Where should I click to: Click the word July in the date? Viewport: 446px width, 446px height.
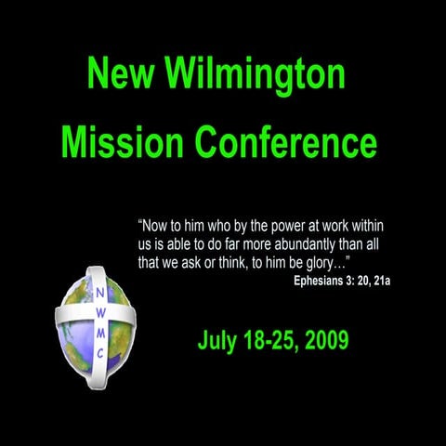[x=217, y=340]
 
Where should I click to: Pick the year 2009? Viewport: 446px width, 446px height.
[x=323, y=340]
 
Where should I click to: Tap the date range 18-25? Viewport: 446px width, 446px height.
[x=268, y=340]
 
